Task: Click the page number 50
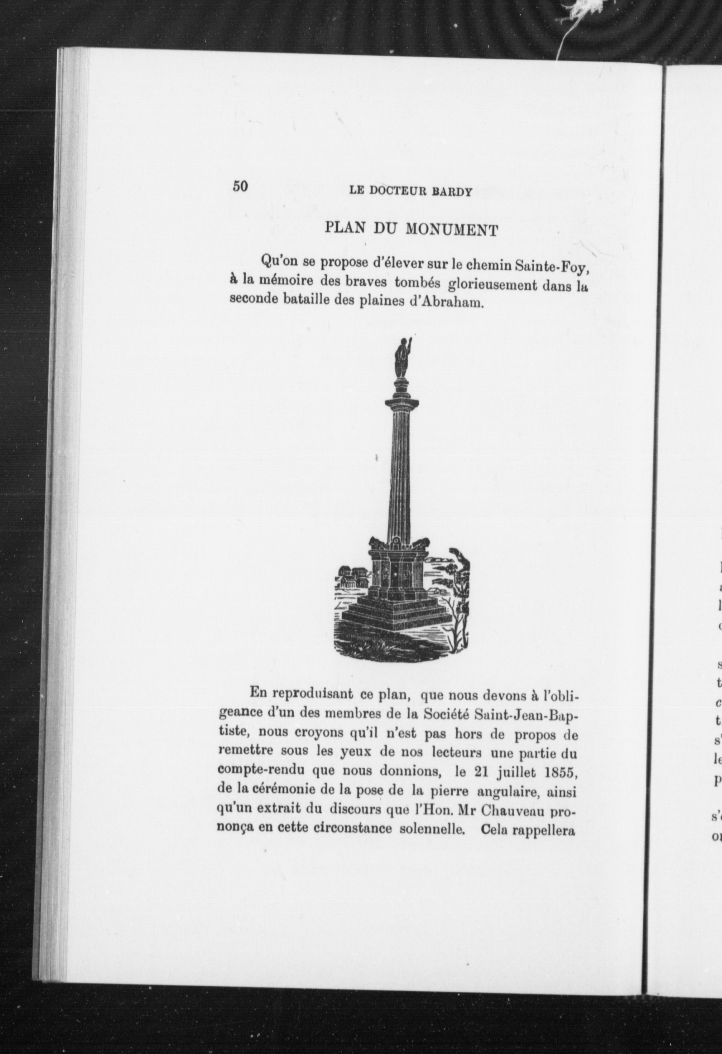[240, 187]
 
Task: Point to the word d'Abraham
[445, 303]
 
